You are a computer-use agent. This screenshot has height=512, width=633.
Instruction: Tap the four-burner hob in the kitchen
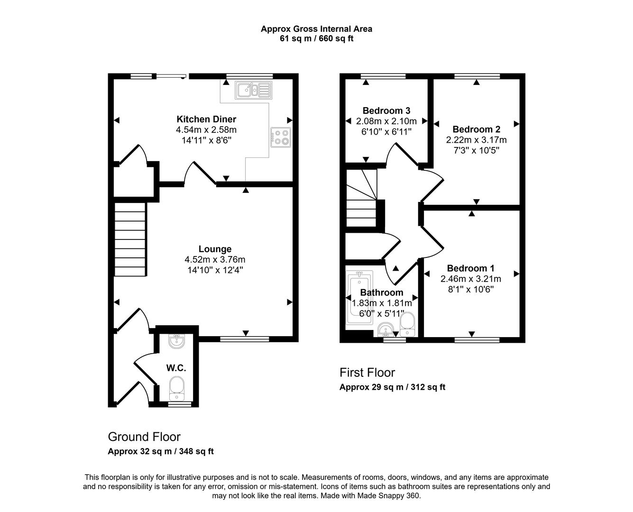(280, 137)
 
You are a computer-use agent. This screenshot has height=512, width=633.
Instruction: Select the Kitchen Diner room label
(206, 119)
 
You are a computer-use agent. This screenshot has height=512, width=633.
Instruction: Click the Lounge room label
(215, 249)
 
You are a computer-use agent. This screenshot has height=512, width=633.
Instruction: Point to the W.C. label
(176, 368)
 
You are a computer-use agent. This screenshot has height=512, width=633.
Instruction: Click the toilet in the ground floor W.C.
(177, 388)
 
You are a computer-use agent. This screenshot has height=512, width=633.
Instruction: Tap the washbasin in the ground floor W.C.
(177, 341)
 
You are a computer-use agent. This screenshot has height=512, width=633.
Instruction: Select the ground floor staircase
(130, 239)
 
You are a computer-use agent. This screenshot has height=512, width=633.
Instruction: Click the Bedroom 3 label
(386, 111)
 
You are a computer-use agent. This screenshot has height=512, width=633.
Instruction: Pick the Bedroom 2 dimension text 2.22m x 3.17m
(476, 140)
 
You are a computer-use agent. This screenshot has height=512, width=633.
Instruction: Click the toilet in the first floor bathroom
(408, 325)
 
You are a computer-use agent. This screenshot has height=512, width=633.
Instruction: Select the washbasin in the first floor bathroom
(386, 330)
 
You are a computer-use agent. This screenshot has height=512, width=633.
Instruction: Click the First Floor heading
(367, 373)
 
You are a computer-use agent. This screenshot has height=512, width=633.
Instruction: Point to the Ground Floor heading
(144, 437)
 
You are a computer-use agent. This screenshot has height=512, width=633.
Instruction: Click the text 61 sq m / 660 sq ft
(316, 39)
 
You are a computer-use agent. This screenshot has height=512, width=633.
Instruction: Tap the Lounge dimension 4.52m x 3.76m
(215, 259)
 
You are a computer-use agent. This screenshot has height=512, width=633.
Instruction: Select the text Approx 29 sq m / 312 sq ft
(392, 387)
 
